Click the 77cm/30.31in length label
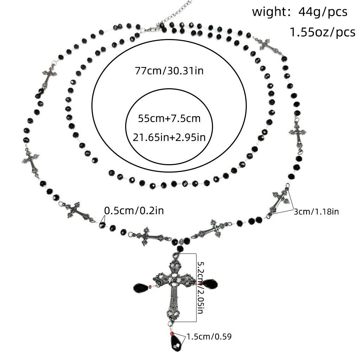click(169, 70)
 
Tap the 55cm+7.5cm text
click(169, 118)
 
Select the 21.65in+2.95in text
click(169, 137)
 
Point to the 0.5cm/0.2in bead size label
click(134, 211)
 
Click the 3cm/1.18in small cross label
click(316, 211)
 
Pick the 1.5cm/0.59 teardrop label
click(209, 336)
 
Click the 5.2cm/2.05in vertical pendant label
click(200, 288)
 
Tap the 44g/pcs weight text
click(323, 12)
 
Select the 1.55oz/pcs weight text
click(322, 32)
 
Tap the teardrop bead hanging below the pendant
click(176, 342)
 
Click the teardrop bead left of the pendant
click(141, 288)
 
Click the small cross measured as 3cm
click(279, 202)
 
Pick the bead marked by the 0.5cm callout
click(102, 225)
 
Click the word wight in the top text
click(268, 12)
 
